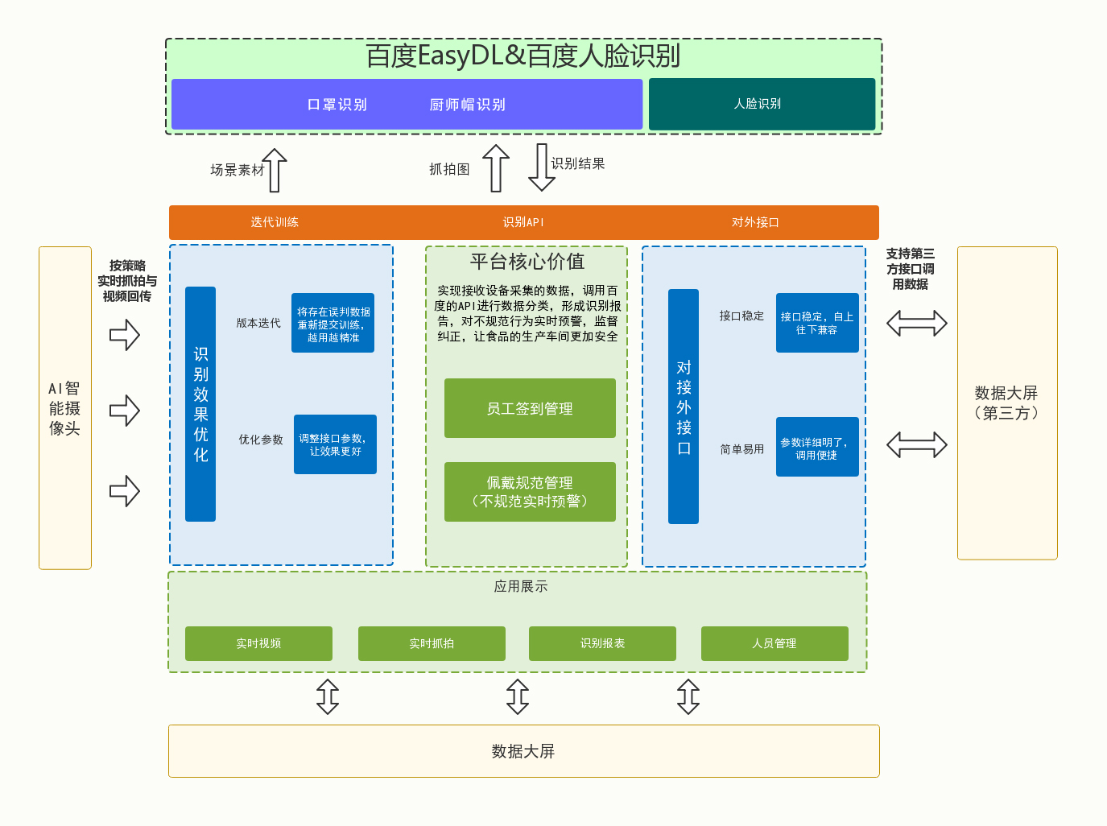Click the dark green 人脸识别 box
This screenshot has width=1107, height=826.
(x=762, y=104)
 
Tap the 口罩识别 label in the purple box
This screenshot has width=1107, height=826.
(x=337, y=105)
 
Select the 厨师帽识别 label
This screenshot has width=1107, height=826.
(x=467, y=105)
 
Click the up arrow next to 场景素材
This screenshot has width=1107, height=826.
(x=275, y=170)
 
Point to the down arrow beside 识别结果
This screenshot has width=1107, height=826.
(x=542, y=167)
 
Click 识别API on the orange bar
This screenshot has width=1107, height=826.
(x=523, y=222)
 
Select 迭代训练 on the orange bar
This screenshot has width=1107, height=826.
(x=275, y=222)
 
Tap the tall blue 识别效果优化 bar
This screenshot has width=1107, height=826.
(x=200, y=404)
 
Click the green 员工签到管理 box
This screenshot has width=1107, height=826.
(x=530, y=408)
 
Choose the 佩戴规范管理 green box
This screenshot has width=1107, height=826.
(x=530, y=492)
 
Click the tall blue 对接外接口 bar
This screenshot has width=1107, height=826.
(x=684, y=407)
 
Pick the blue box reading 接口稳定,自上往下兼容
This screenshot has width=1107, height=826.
(x=817, y=323)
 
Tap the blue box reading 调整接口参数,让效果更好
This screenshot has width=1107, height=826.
(x=335, y=444)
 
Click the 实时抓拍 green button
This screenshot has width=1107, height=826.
(x=432, y=643)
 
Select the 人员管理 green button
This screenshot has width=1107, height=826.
(x=774, y=643)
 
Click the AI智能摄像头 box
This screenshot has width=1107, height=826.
(x=65, y=408)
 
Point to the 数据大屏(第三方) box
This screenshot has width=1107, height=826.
(x=1006, y=403)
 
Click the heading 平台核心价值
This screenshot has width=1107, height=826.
(x=527, y=262)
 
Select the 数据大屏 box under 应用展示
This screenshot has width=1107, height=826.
(x=523, y=751)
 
